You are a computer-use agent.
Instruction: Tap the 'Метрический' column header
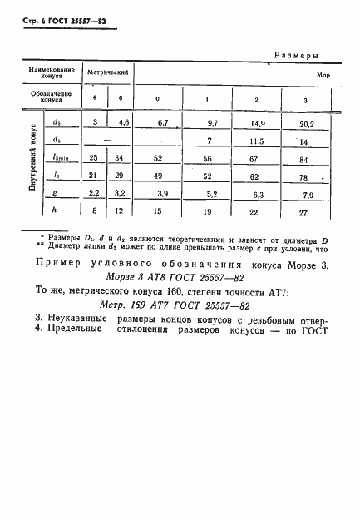(110, 73)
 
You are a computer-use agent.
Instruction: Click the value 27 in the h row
(306, 212)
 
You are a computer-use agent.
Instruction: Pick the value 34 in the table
(125, 160)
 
